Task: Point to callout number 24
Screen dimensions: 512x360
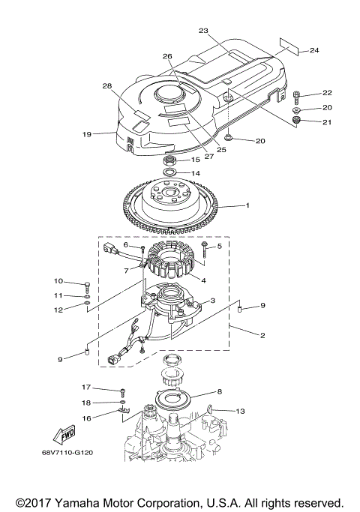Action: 314,50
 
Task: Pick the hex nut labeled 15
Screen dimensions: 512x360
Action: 169,160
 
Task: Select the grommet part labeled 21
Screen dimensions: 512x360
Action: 297,121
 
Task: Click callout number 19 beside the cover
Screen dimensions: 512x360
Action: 87,135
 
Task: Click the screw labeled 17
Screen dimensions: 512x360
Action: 121,391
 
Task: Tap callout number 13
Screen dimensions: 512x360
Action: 240,411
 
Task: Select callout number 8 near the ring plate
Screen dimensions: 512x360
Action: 219,391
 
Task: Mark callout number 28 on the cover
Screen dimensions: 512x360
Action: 106,86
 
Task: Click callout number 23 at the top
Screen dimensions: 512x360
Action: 202,31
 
